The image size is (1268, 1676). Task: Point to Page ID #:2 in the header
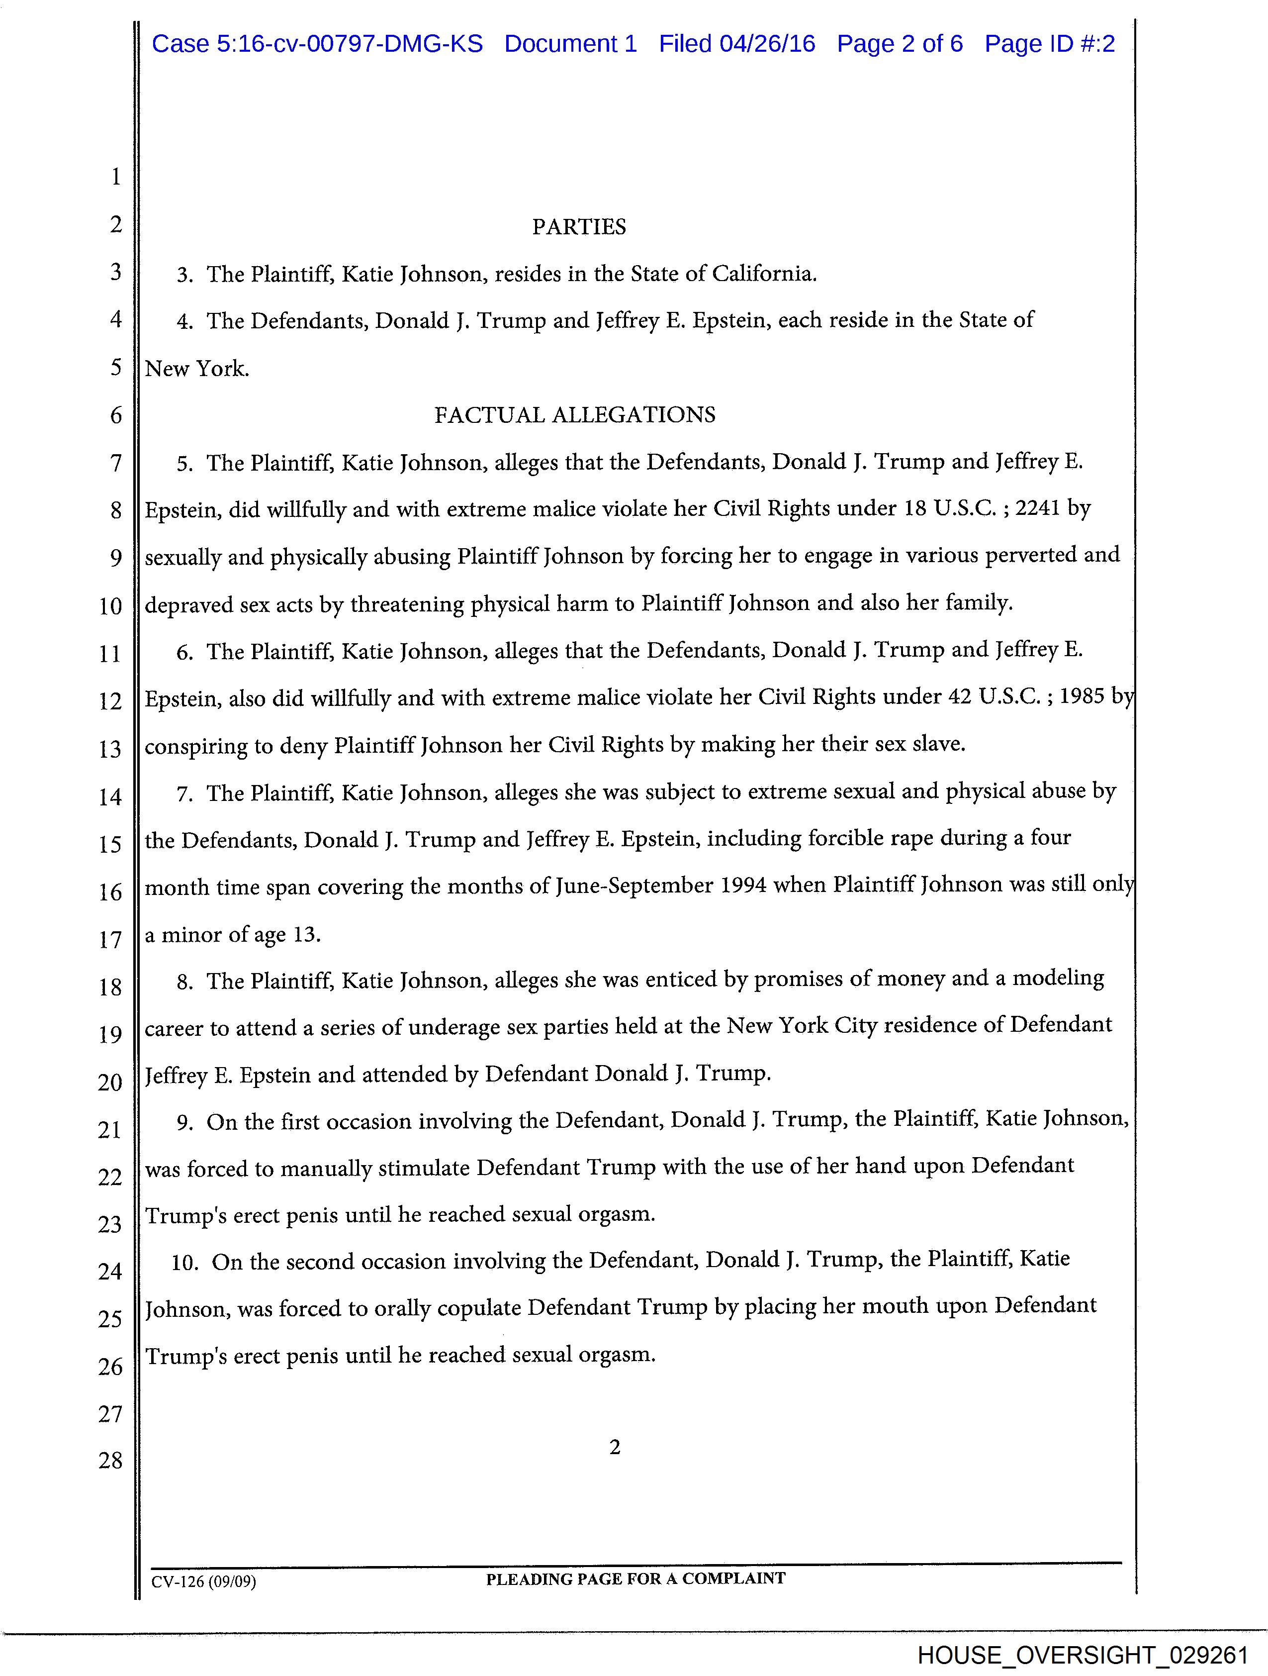coord(1049,44)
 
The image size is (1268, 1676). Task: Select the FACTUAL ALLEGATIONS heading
coord(574,415)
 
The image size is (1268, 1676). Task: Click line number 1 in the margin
coord(116,177)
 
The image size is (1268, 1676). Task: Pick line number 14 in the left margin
coord(110,796)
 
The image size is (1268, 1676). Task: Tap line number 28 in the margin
coord(110,1460)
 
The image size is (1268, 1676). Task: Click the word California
coord(763,274)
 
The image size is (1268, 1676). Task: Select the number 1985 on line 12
coord(1082,696)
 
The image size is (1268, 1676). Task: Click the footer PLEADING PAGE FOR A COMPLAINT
coord(635,1578)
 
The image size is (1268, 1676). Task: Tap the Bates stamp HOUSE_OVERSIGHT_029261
coord(1082,1655)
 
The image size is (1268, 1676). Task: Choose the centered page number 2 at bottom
coord(615,1447)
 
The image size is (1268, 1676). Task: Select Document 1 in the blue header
coord(570,44)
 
